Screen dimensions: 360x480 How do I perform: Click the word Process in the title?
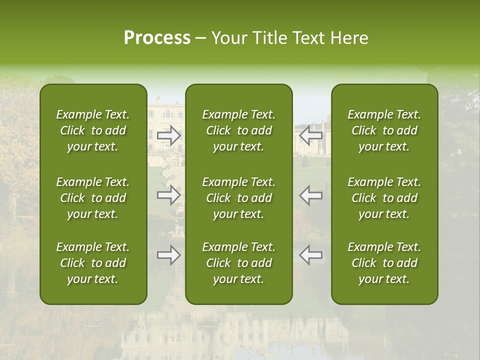click(x=157, y=38)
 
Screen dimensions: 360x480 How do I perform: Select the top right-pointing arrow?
click(x=169, y=135)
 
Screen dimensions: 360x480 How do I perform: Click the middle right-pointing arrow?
click(x=169, y=195)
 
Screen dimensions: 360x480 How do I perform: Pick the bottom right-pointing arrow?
click(x=169, y=255)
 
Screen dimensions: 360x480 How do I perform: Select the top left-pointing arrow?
click(x=311, y=135)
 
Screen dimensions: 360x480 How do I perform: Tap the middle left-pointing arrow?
click(x=311, y=195)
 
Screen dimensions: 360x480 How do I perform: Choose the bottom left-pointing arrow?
click(x=311, y=255)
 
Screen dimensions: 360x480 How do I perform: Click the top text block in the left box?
click(x=93, y=130)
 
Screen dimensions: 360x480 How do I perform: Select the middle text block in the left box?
click(x=93, y=198)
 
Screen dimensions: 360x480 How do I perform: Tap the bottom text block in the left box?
click(x=93, y=263)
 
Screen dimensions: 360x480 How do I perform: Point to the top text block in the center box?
click(x=239, y=130)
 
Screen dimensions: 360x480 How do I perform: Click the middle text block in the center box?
click(x=239, y=198)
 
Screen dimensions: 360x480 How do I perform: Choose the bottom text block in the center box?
click(x=239, y=263)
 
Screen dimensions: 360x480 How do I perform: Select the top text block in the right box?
click(x=384, y=130)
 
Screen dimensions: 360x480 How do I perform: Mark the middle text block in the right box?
click(x=384, y=198)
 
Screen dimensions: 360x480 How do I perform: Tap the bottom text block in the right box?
click(x=384, y=263)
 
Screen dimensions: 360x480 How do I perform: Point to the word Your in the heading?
click(x=228, y=38)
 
